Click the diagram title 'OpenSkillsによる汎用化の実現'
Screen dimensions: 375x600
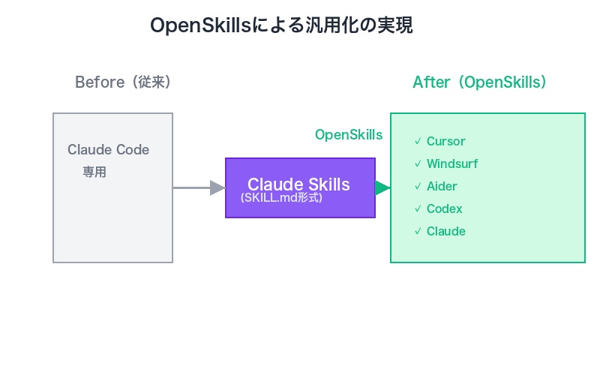pos(281,25)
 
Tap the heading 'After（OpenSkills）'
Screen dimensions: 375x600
pos(479,82)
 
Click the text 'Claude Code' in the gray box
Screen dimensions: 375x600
pos(108,150)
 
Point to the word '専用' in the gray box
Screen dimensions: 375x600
pos(94,172)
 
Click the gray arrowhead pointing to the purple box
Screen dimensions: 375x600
pos(217,187)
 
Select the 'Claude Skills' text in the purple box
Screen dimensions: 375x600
pos(298,184)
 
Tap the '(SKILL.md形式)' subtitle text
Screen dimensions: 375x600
pos(281,199)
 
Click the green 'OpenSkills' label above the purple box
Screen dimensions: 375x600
pos(348,135)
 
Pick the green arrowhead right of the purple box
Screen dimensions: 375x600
pos(382,187)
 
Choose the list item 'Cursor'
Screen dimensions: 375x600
pos(445,141)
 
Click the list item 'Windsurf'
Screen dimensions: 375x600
pos(451,163)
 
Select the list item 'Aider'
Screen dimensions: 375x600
pos(442,186)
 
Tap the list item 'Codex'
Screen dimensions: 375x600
pos(444,208)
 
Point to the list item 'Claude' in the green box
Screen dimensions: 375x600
pos(445,231)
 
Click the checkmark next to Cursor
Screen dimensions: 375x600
pos(418,141)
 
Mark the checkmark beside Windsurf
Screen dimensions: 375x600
pos(418,163)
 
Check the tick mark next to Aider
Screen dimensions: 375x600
pos(418,186)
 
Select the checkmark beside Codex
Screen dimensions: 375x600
pos(418,208)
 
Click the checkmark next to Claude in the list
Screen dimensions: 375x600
pos(418,231)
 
